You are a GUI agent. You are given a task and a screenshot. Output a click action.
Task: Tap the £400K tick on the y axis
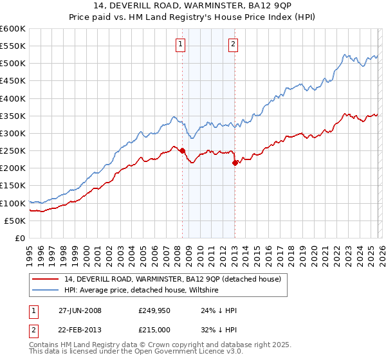pos(13,98)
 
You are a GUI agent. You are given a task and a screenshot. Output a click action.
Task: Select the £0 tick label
pos(20,238)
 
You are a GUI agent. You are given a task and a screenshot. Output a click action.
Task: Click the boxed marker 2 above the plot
pos(233,44)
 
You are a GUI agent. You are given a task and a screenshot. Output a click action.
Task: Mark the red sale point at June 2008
pos(182,151)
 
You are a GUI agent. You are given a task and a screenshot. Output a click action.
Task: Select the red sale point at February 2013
pos(235,163)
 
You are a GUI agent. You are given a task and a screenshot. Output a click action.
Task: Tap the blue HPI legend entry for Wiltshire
pos(142,291)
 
